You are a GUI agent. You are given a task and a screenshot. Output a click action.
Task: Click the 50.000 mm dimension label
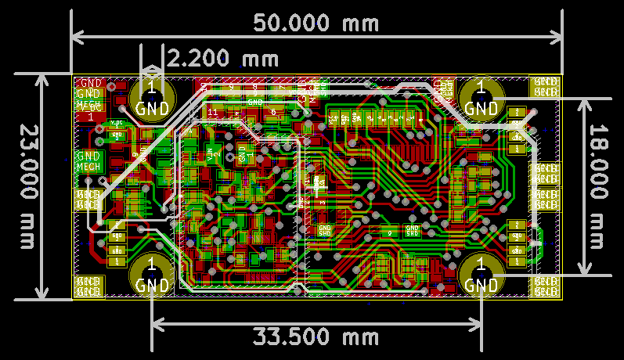tap(316, 23)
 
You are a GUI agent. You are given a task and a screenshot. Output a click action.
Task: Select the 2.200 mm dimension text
tap(223, 58)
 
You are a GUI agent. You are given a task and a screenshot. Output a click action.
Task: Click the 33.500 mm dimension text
tap(316, 337)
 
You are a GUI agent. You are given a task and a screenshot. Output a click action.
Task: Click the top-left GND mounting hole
tap(153, 97)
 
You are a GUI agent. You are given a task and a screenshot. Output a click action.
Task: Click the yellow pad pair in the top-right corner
tap(546, 87)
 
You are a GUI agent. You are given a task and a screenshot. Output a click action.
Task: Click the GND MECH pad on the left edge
tap(88, 161)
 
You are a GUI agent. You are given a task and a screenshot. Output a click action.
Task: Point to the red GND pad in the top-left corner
tap(90, 82)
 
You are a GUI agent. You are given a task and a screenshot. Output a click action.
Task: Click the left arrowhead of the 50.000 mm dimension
tap(76, 36)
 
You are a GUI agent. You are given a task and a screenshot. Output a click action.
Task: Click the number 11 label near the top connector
tap(212, 113)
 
